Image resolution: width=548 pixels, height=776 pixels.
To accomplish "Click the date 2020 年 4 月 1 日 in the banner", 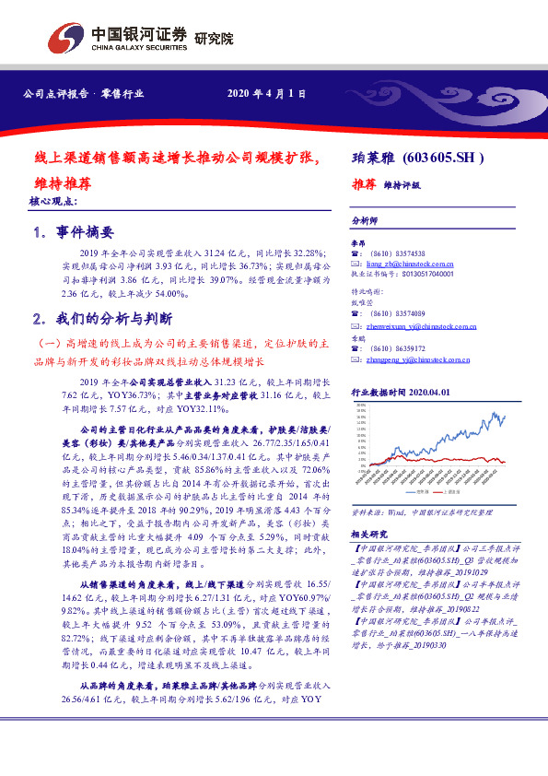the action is point(265,94).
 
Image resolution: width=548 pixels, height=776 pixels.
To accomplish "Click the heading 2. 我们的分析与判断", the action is point(102,320).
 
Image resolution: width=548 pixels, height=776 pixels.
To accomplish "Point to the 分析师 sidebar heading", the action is point(366,222).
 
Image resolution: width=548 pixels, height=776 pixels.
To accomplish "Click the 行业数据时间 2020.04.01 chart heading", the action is point(406,392).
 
